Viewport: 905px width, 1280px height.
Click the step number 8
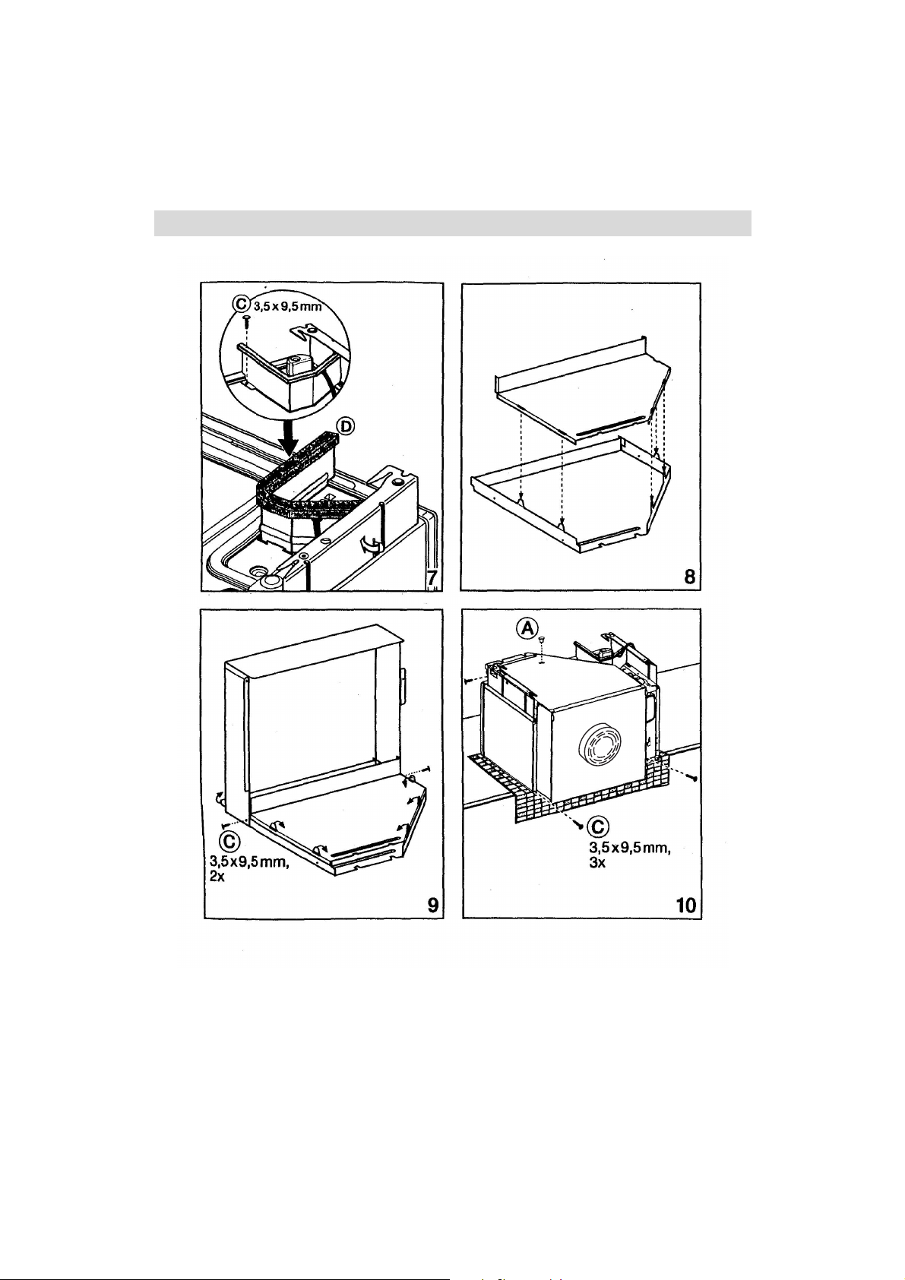click(690, 577)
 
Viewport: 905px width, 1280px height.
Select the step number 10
click(685, 905)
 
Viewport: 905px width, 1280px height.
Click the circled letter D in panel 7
click(345, 425)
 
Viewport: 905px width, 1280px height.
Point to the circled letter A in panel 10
click(527, 628)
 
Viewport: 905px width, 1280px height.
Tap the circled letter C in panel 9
click(229, 841)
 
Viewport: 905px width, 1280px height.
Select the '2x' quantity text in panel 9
click(217, 876)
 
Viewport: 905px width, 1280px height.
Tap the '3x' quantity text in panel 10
click(596, 862)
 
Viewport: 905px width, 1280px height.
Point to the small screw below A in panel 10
click(541, 643)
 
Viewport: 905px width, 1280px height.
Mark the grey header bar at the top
click(452, 223)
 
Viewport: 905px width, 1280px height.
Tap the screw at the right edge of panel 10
click(693, 778)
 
